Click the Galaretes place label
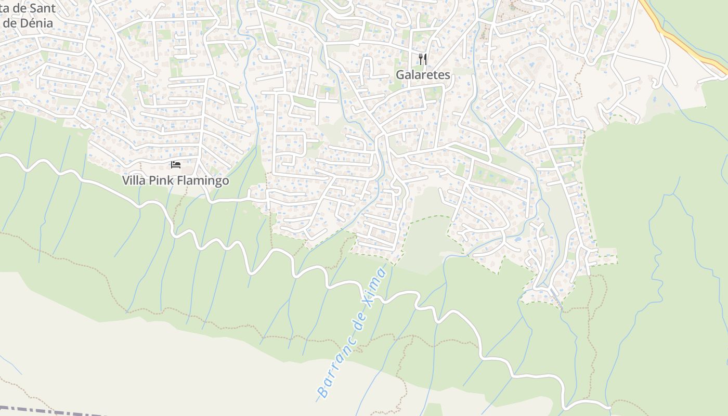(423, 75)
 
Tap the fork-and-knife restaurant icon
(423, 59)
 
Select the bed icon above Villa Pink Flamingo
(176, 165)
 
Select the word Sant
(43, 8)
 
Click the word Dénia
(37, 23)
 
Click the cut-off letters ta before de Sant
(4, 8)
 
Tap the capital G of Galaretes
(401, 75)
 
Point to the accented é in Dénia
(32, 23)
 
